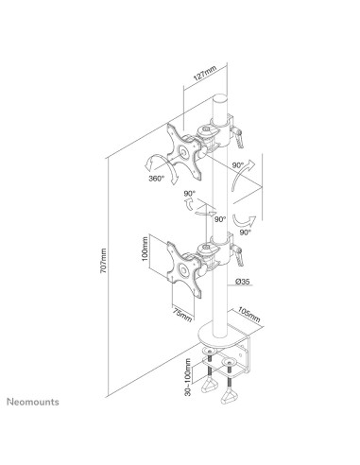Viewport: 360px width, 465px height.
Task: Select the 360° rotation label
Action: point(157,177)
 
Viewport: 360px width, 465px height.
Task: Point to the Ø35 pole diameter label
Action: point(244,281)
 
